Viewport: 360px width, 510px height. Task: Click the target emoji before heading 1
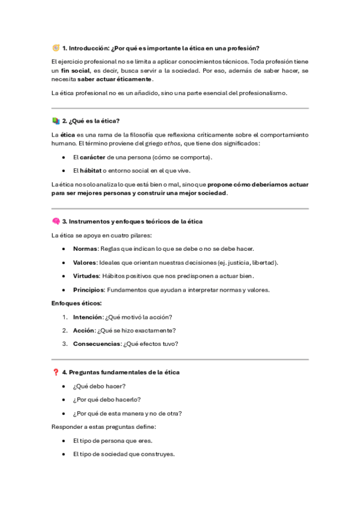point(56,48)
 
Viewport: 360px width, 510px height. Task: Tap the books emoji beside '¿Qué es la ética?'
point(56,121)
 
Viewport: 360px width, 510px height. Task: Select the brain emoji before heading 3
point(56,221)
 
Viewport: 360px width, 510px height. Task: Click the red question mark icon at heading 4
point(56,372)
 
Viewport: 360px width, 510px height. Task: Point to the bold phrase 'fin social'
point(75,70)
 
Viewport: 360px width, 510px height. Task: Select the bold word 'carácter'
point(92,157)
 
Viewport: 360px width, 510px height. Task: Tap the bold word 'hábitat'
point(90,170)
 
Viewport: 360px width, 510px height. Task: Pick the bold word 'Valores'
point(85,262)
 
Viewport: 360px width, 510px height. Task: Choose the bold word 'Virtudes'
point(86,275)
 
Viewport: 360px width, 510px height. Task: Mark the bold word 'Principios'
point(88,289)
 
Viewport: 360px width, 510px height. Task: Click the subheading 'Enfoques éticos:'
point(77,303)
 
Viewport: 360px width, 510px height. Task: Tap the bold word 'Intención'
point(88,316)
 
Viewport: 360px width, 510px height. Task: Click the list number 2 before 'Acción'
point(64,330)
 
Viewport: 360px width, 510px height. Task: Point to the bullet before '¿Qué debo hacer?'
point(64,386)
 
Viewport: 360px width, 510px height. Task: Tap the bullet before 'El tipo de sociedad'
point(64,454)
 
